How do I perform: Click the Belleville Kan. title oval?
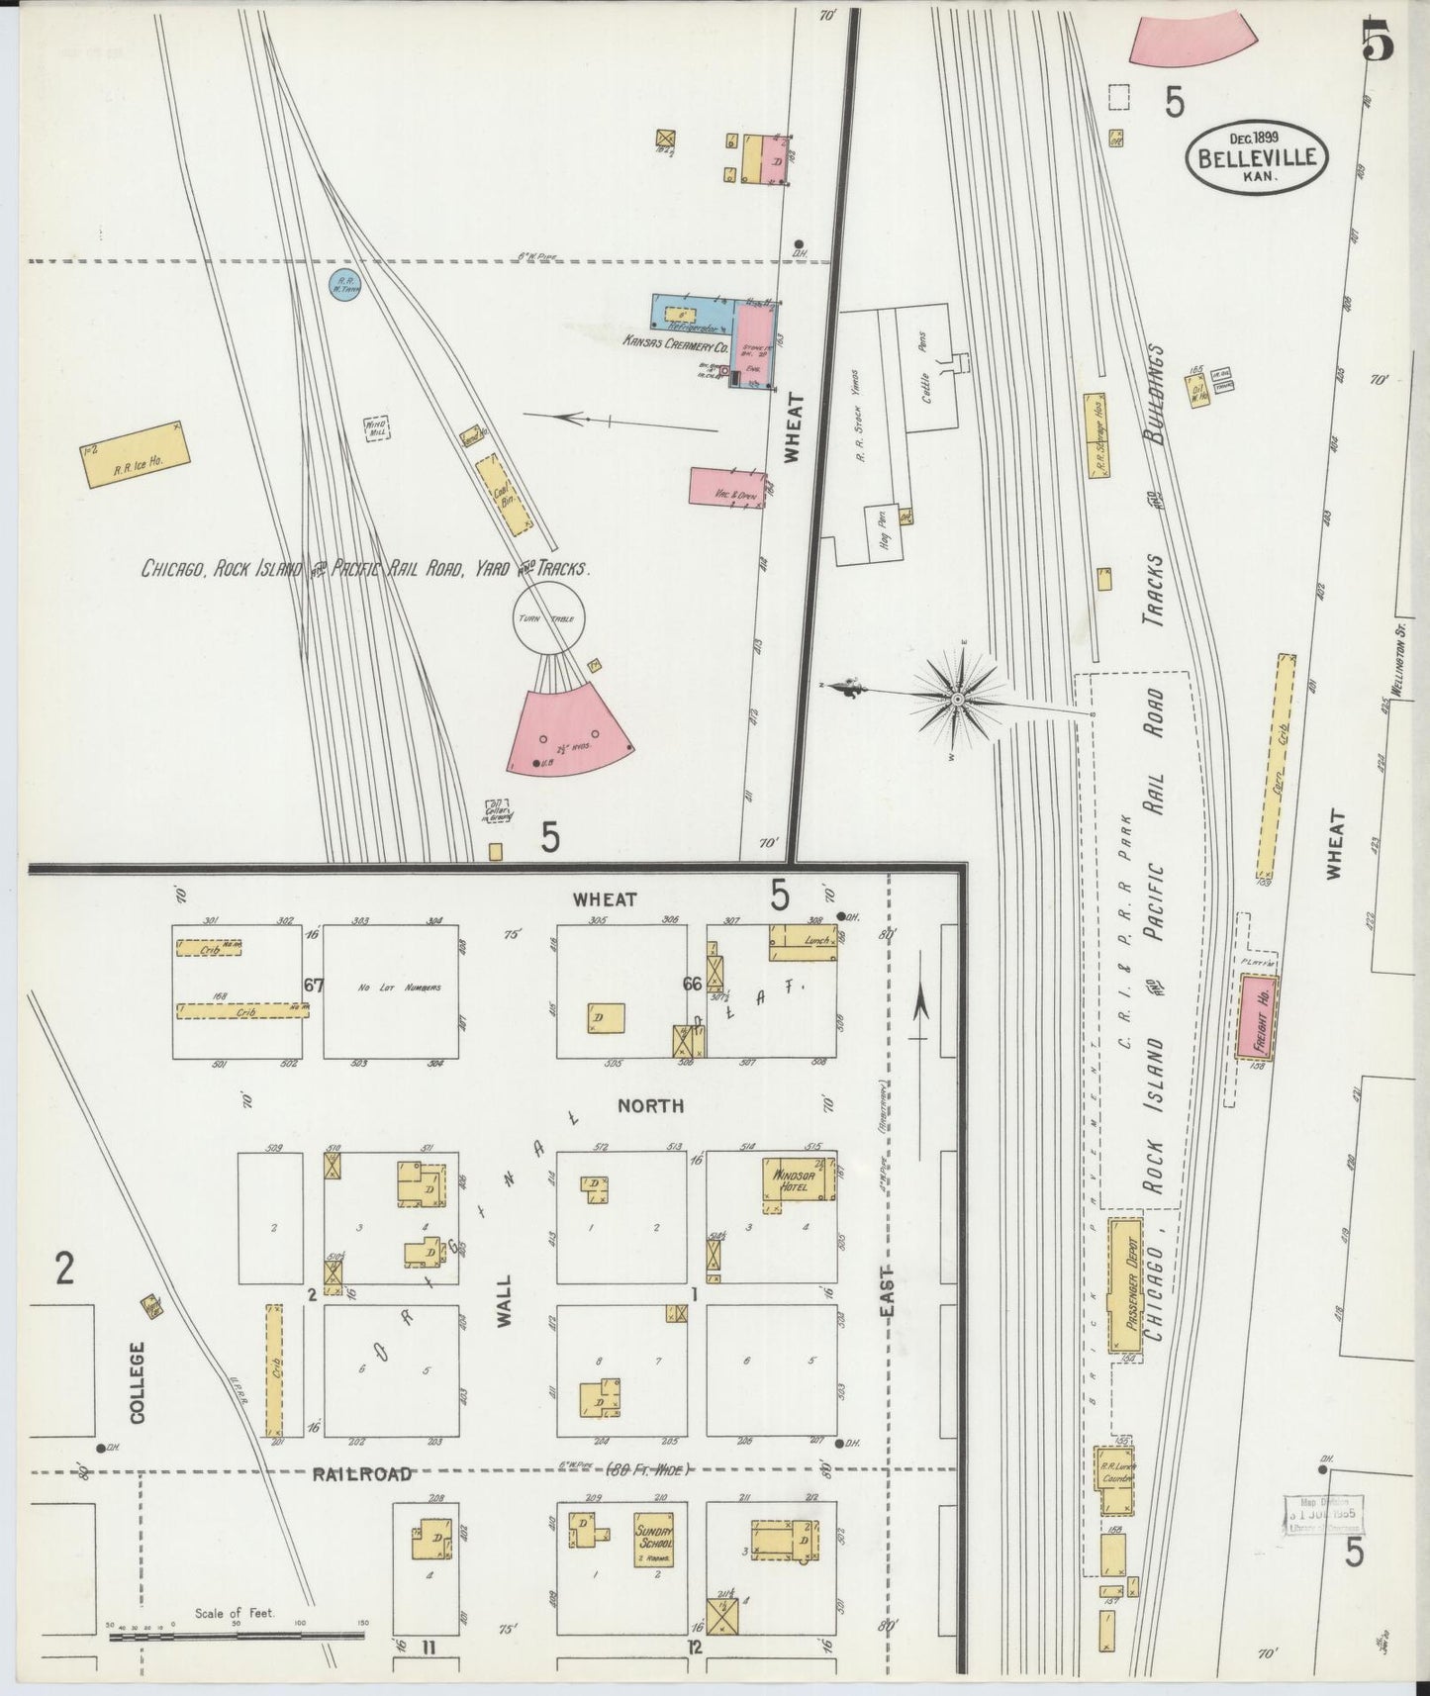click(x=1257, y=155)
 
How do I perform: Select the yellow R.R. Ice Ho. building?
click(x=135, y=455)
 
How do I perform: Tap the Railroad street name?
click(x=362, y=1473)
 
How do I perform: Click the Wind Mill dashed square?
click(x=376, y=427)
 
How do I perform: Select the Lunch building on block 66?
click(x=802, y=942)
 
